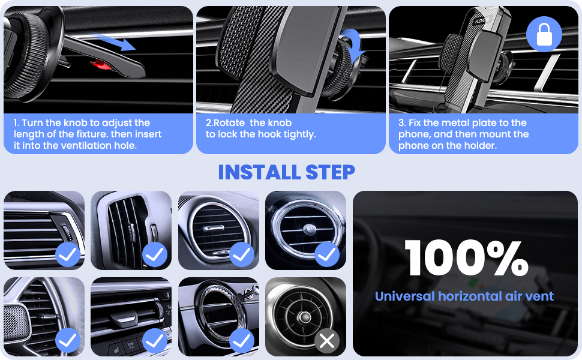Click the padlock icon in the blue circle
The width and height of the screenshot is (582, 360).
coord(544,34)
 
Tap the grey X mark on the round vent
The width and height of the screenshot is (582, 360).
coord(327,341)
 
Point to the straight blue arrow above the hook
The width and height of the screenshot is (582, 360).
coord(113,41)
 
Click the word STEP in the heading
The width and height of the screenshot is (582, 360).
coord(330,172)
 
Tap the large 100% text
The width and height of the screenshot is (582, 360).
coord(466,259)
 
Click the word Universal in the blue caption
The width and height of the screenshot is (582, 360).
coord(404,296)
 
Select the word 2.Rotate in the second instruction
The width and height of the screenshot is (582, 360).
coord(226,123)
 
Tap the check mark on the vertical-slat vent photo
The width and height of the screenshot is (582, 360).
coord(155,254)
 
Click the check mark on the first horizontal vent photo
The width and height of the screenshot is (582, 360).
coord(68,254)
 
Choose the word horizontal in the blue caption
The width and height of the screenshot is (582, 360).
coord(470,296)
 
